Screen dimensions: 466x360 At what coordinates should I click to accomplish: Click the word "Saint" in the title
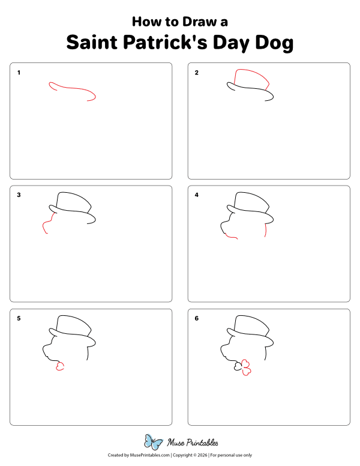(91, 43)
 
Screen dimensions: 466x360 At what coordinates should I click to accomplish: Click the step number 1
(19, 73)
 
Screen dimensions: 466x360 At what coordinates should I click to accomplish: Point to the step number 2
(197, 73)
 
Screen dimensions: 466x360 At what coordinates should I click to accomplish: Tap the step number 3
(19, 195)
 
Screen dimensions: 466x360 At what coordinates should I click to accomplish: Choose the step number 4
(197, 195)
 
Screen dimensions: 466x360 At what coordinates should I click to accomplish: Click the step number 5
(19, 318)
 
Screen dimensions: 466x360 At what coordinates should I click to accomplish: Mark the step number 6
(197, 318)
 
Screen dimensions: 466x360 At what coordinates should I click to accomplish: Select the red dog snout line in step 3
(46, 225)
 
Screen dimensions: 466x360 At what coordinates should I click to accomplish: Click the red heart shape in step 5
(59, 366)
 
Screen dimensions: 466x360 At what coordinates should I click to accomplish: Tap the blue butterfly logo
(153, 443)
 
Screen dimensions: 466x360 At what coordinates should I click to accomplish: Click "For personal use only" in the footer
(230, 456)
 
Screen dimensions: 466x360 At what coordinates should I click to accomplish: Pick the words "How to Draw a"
(179, 22)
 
